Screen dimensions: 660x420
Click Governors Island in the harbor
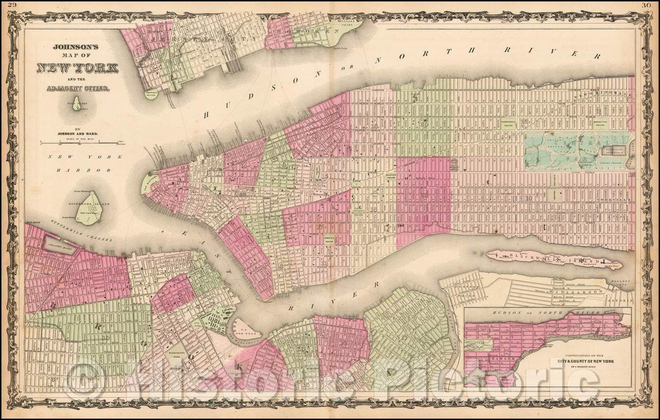(x=89, y=208)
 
